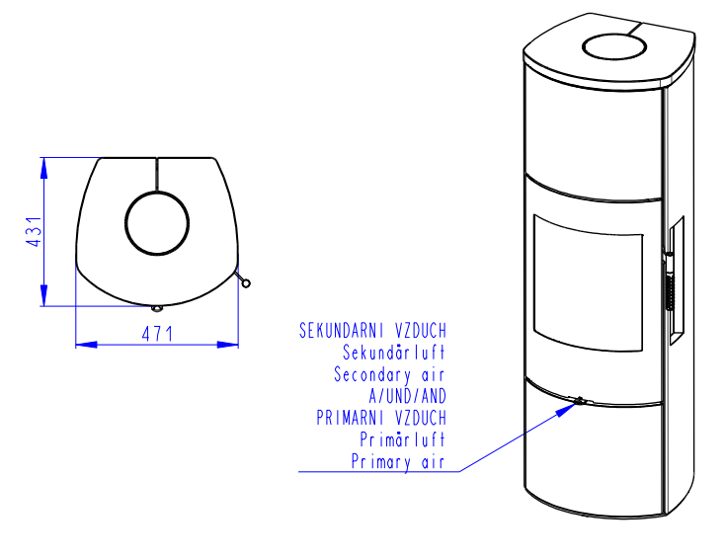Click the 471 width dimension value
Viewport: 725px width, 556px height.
(x=157, y=334)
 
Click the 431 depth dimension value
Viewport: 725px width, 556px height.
(x=34, y=231)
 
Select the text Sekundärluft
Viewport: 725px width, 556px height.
(x=394, y=353)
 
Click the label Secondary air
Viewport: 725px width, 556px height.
(x=389, y=374)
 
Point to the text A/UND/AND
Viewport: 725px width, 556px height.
(x=407, y=396)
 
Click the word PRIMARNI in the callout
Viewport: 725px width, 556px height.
(x=350, y=418)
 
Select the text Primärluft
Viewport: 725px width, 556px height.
(x=402, y=439)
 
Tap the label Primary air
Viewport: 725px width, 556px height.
(x=398, y=461)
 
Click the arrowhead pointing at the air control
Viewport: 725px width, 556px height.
(x=566, y=409)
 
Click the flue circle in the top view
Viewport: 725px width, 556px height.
(x=157, y=223)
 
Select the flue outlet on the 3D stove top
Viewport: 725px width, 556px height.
(x=613, y=46)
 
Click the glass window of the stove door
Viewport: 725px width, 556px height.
(x=588, y=281)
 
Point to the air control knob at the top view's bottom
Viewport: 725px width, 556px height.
(x=157, y=308)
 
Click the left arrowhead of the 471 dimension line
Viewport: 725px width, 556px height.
(x=86, y=345)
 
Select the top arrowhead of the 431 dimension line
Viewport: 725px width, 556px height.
(x=43, y=168)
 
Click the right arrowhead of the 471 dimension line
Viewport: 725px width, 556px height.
(x=228, y=345)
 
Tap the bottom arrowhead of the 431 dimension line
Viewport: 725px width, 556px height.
(x=43, y=295)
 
